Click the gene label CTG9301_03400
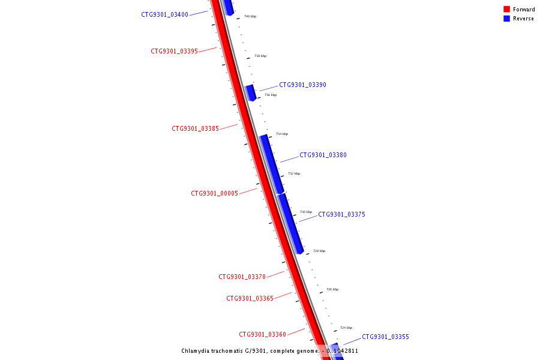click(164, 14)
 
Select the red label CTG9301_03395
click(174, 51)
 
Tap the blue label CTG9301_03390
click(302, 85)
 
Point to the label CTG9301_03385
click(195, 128)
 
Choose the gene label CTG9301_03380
click(323, 155)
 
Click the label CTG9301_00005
click(214, 193)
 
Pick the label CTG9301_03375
click(341, 214)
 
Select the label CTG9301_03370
click(242, 277)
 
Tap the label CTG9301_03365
click(250, 298)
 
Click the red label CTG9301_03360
click(262, 334)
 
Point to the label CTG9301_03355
click(385, 337)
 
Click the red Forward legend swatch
click(506, 9)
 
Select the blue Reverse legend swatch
click(506, 19)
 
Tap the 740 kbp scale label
click(250, 16)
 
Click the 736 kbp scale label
click(271, 95)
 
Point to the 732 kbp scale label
click(294, 173)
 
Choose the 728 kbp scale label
click(319, 251)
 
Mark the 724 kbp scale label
click(346, 328)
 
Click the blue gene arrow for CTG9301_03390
click(250, 92)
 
